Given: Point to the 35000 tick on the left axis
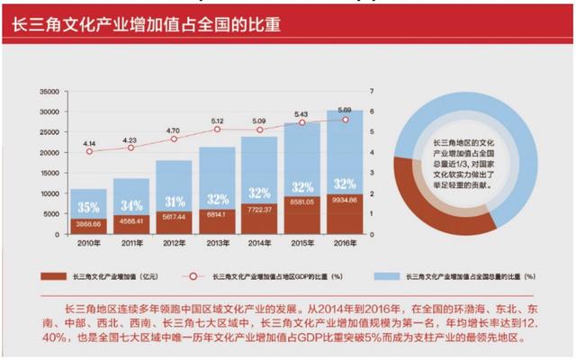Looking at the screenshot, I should pos(46,91).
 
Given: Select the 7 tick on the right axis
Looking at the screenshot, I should pos(372,91).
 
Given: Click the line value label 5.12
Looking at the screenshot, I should pos(217,121).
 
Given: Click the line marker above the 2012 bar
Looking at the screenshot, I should pos(174,139).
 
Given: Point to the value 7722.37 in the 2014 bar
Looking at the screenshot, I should pos(259,210).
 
